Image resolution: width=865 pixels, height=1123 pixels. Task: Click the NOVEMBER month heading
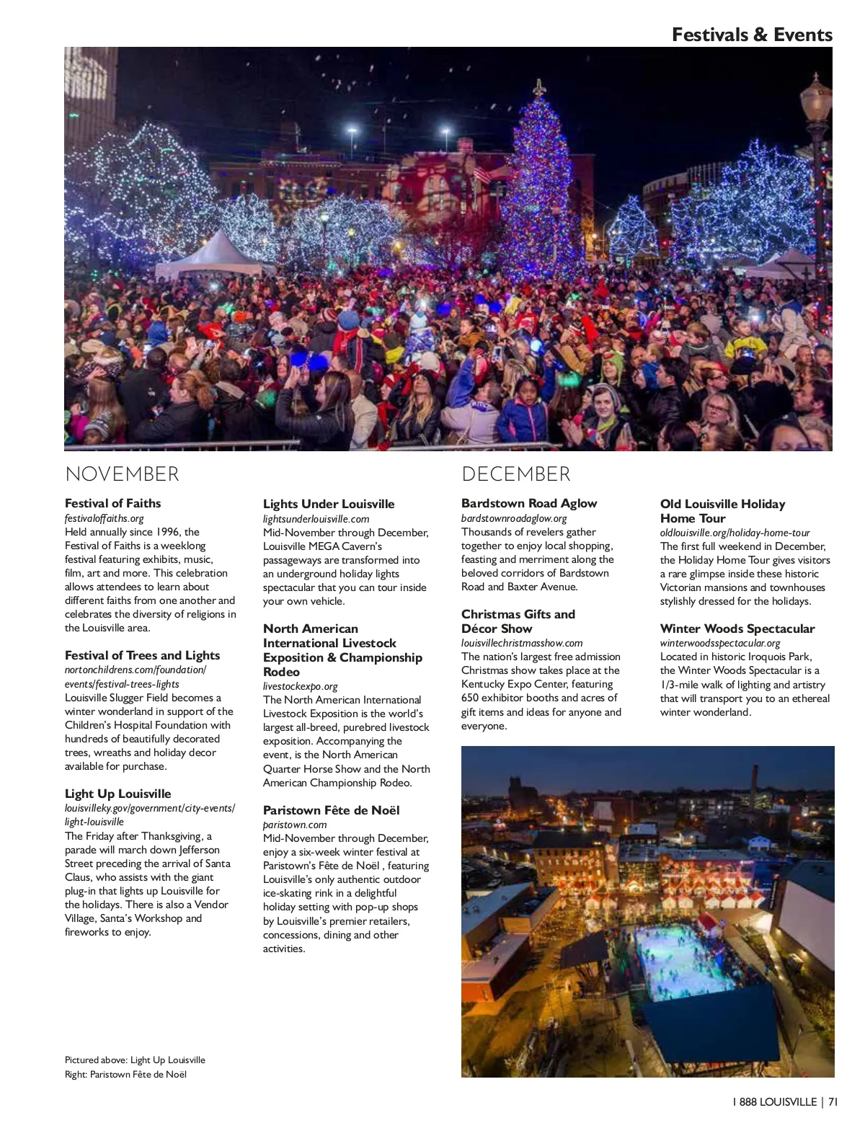coord(122,474)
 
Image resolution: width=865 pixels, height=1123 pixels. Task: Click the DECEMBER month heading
coord(515,474)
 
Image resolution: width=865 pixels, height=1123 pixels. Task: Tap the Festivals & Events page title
coord(752,35)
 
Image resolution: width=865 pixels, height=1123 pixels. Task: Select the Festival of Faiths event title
coord(112,503)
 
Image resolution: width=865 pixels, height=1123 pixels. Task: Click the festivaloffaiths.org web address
coord(105,518)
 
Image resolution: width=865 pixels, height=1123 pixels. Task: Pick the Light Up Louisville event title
coord(117,794)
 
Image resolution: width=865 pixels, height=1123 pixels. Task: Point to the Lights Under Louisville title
coord(329,504)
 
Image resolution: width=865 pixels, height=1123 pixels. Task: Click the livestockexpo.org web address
coord(300,686)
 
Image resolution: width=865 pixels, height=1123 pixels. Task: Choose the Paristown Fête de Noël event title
coord(331,810)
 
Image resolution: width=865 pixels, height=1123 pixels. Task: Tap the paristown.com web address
coord(295,825)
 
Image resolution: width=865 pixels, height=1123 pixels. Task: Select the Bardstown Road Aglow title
coord(529,503)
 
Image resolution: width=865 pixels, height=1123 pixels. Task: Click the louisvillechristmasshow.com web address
coord(522,643)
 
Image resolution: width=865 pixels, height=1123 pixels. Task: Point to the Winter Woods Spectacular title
coord(737,629)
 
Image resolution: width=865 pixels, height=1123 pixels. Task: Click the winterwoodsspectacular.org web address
coord(720,643)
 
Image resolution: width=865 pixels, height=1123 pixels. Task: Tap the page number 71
coord(833,1102)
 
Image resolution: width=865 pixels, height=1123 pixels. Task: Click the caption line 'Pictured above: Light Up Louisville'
coord(135,1060)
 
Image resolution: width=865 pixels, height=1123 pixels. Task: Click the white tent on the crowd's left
coord(205,256)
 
